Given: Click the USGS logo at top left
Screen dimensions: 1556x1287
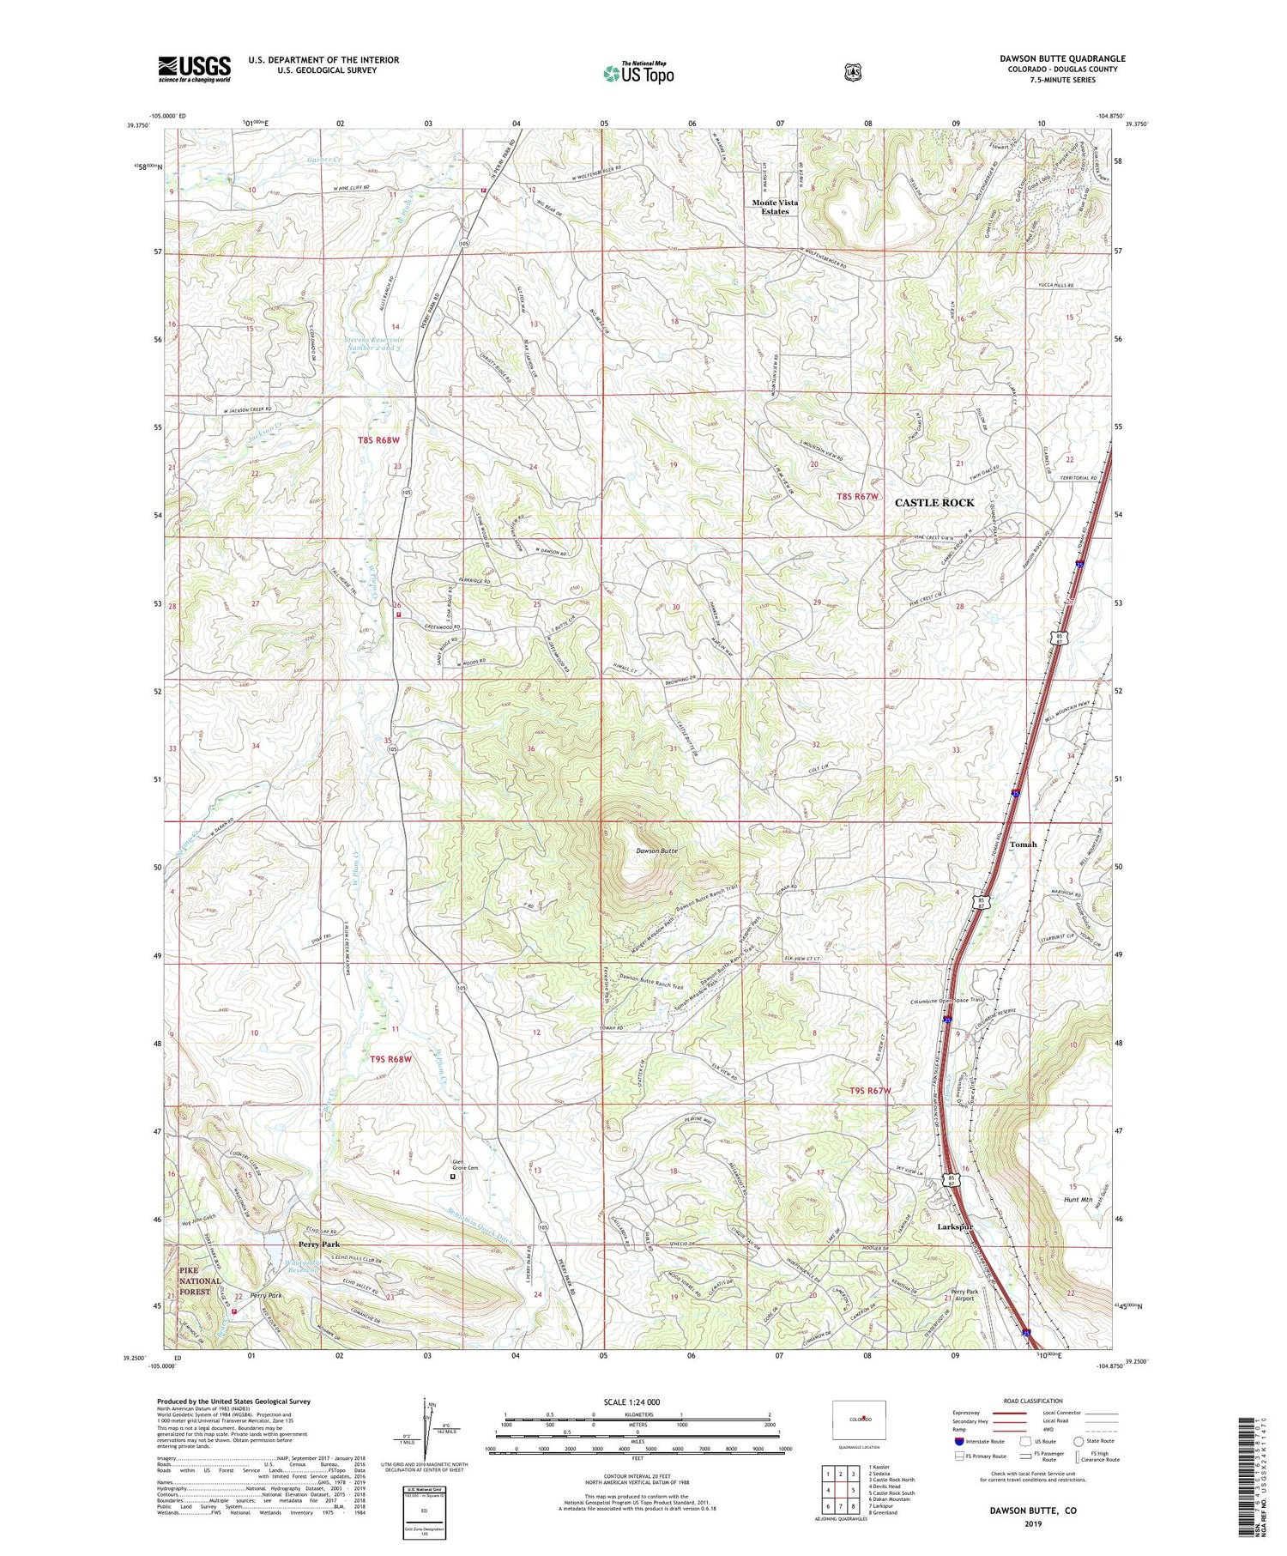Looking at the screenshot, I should click(x=194, y=68).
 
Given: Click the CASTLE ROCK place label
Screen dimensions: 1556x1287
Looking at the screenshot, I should click(x=934, y=502).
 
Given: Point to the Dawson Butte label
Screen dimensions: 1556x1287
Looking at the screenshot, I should click(x=656, y=851).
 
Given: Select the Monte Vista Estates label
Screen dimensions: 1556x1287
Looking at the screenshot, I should click(x=775, y=207).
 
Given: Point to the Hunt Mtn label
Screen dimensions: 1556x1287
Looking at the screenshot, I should click(x=1078, y=1199).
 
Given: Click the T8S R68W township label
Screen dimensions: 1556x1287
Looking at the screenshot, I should click(x=378, y=440).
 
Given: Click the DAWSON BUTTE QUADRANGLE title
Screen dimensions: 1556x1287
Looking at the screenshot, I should click(x=1062, y=58).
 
